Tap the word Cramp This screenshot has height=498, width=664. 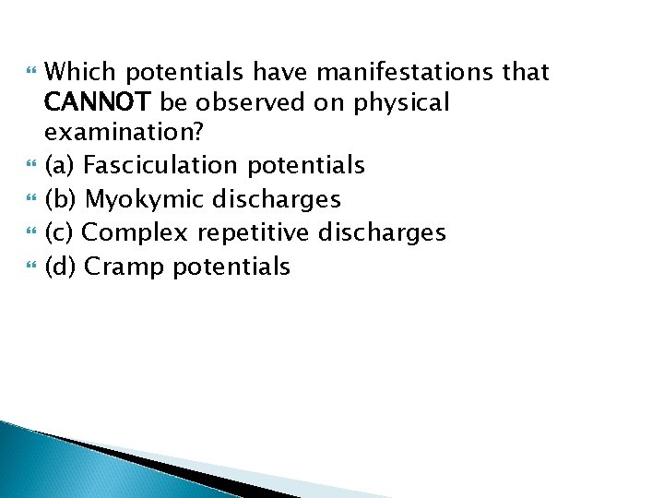(124, 267)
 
